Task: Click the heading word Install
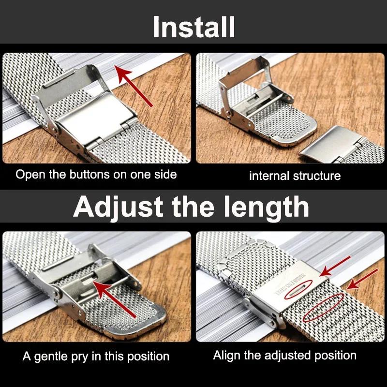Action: click(193, 27)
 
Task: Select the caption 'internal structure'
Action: click(295, 176)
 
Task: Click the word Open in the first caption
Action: click(28, 174)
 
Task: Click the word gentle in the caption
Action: click(51, 357)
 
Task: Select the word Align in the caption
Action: click(226, 356)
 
